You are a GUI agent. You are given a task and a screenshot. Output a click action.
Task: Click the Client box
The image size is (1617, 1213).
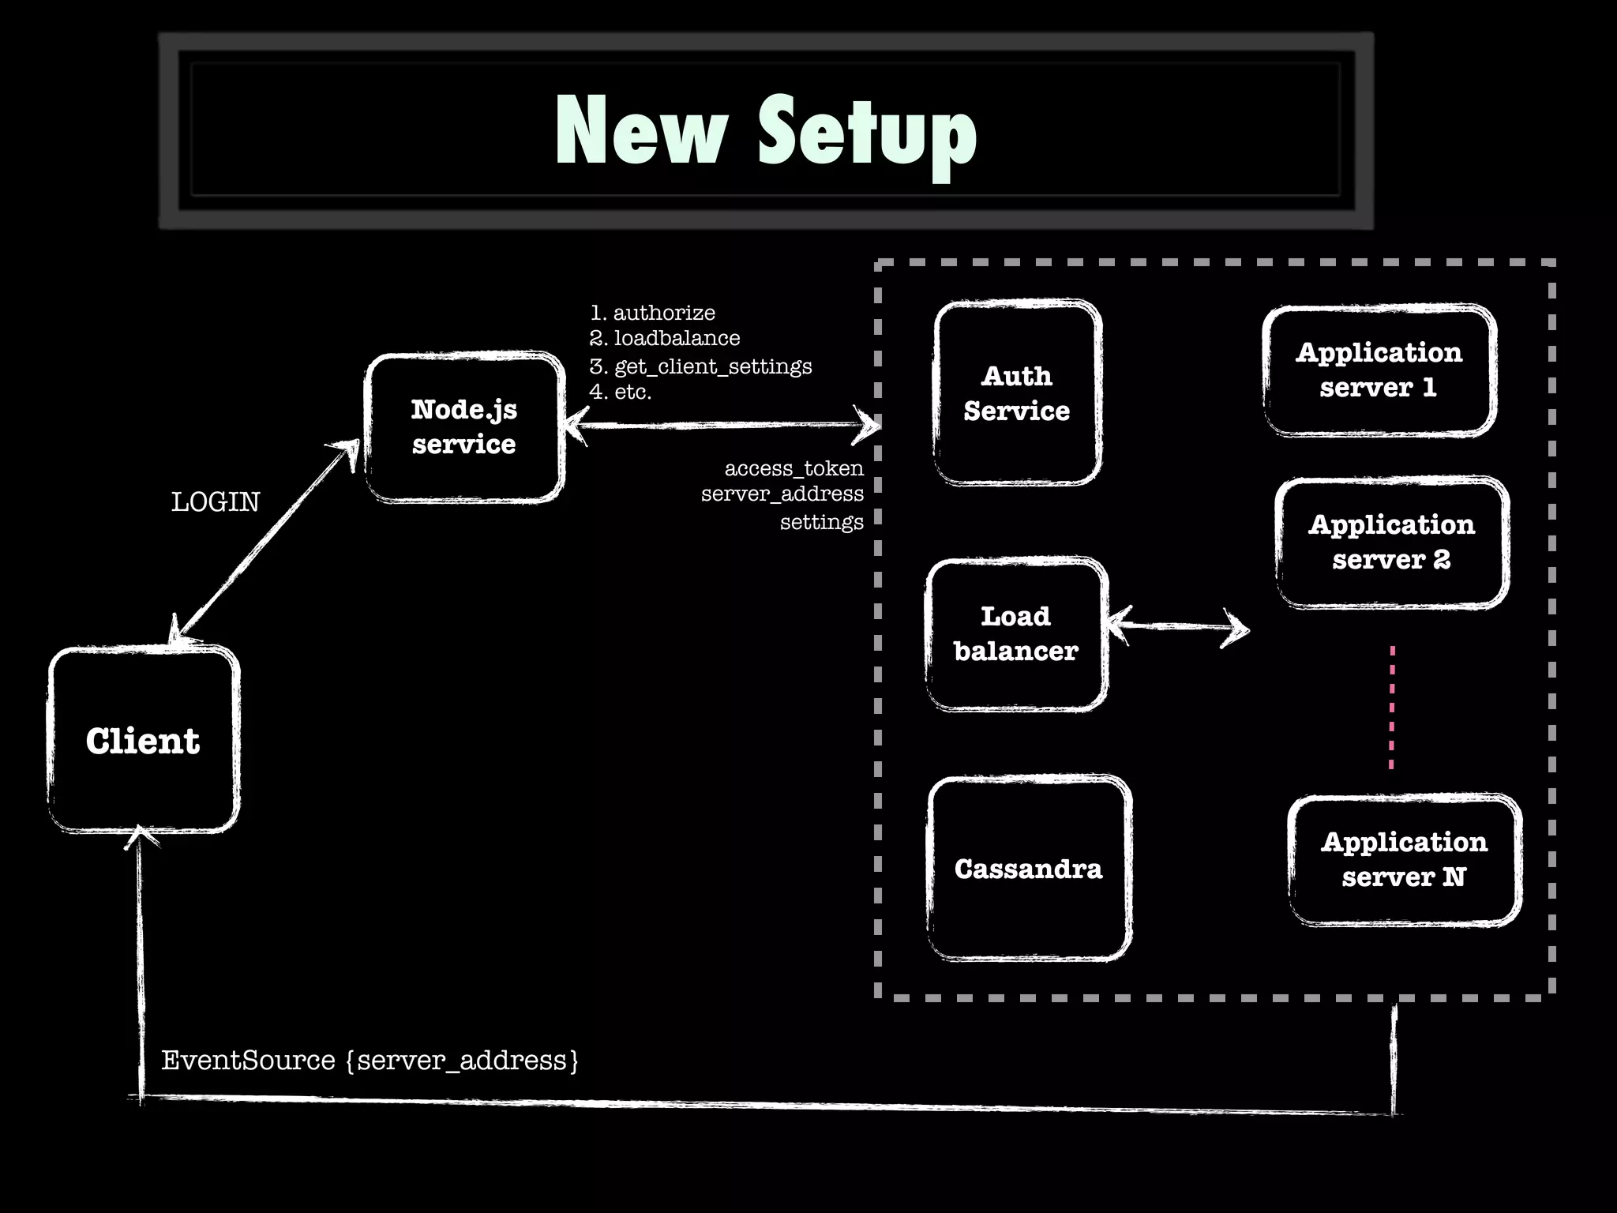(x=143, y=740)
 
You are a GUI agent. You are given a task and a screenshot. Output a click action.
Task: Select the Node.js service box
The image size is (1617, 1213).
(x=464, y=427)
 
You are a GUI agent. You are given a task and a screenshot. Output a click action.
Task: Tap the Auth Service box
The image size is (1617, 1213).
(x=1017, y=392)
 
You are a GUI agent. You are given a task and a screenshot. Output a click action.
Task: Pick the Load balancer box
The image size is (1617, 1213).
(x=1016, y=634)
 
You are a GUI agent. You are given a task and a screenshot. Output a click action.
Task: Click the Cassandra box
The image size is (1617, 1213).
(x=1029, y=869)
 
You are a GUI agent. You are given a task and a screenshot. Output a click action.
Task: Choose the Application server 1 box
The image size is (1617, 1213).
(x=1379, y=370)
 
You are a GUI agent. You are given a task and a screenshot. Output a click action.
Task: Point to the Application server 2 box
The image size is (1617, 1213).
(x=1392, y=542)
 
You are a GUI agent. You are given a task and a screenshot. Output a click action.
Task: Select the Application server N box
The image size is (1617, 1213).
(x=1405, y=859)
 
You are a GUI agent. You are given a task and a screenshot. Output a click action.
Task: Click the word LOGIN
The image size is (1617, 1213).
(x=216, y=502)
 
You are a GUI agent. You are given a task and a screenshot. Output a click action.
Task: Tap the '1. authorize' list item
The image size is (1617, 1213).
(x=653, y=313)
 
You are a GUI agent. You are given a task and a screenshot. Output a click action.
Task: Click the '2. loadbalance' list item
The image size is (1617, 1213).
(x=665, y=339)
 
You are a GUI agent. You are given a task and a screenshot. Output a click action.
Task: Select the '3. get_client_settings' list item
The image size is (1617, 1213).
(x=701, y=366)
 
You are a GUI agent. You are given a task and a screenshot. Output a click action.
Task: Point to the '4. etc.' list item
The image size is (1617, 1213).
(x=621, y=392)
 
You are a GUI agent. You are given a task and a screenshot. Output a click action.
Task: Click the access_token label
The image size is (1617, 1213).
(x=794, y=468)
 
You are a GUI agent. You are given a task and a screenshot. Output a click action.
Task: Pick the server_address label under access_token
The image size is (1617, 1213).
(x=782, y=494)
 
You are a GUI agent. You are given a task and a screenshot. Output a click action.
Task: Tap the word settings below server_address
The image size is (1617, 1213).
(x=822, y=522)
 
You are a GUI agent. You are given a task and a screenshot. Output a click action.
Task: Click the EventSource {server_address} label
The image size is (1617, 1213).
(x=370, y=1060)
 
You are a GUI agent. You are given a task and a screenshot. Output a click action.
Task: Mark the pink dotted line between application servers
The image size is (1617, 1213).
(x=1392, y=707)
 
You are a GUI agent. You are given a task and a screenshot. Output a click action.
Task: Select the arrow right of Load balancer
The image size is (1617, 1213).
(x=1178, y=627)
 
